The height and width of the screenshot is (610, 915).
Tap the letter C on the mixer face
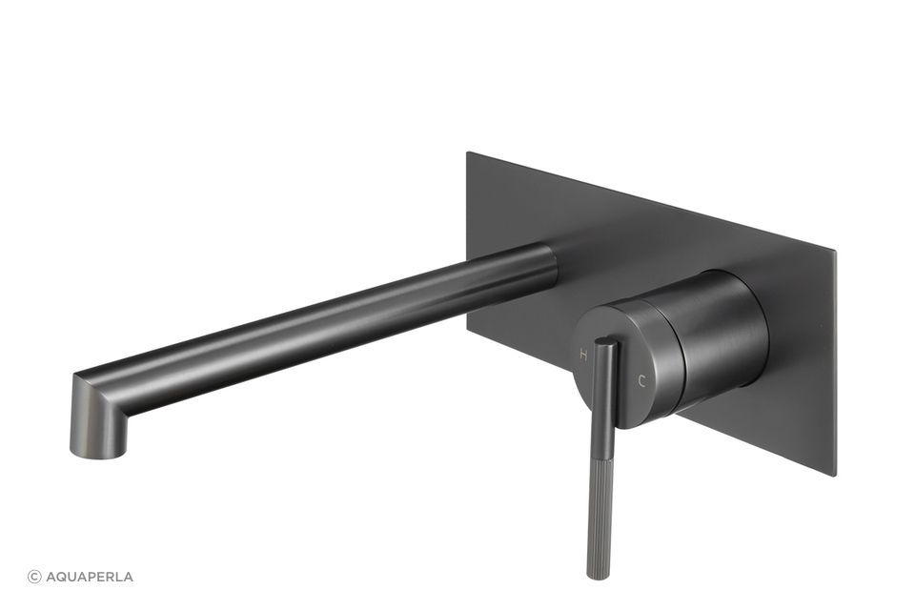pos(641,380)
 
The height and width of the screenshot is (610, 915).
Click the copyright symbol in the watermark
pos(34,577)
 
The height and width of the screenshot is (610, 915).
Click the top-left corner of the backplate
pos(467,152)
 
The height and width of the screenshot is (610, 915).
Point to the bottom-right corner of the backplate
pos(835,475)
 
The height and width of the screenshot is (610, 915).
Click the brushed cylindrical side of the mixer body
pos(724,334)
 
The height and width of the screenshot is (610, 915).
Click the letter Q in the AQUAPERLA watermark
pos(61,577)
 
